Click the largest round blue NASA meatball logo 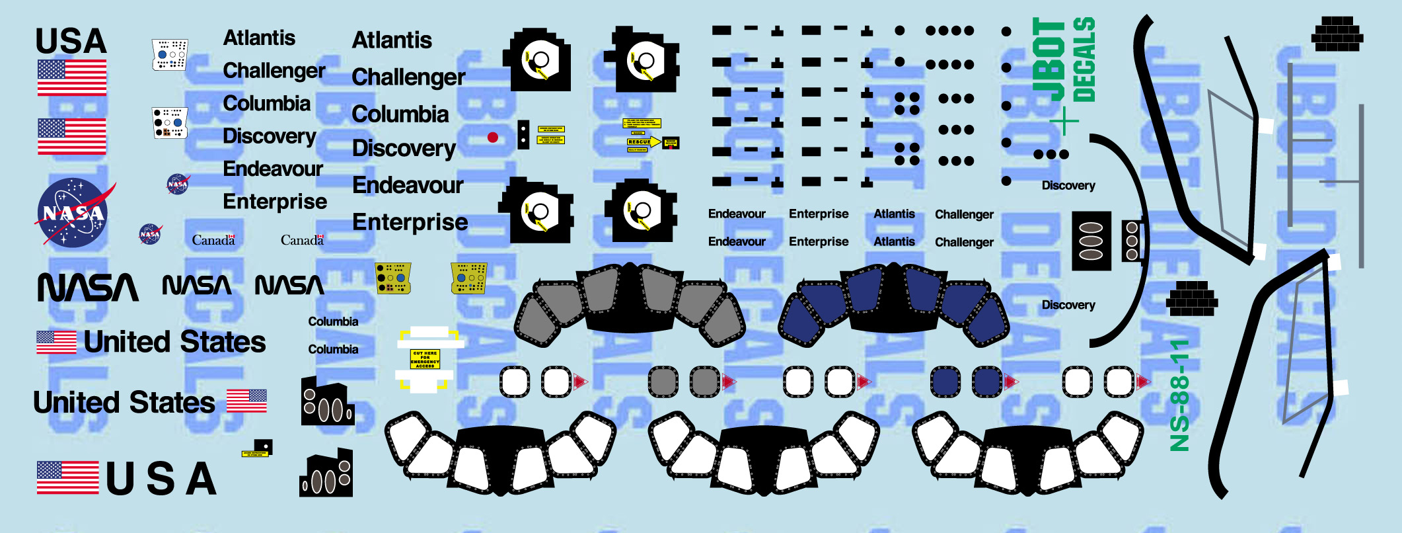(x=73, y=213)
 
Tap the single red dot (x=492, y=138)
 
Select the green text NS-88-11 (x=1179, y=395)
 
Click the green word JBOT (x=1049, y=60)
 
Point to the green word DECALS (x=1084, y=60)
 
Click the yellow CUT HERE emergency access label (x=425, y=358)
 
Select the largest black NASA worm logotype (x=88, y=288)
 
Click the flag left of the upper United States (x=56, y=343)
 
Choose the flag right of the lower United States (x=246, y=401)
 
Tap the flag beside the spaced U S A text (x=67, y=477)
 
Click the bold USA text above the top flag (x=71, y=41)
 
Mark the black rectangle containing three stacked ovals (x=1091, y=241)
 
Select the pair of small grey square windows (x=684, y=382)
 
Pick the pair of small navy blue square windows (x=967, y=382)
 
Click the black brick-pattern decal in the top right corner (x=1337, y=34)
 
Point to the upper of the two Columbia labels (x=333, y=321)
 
